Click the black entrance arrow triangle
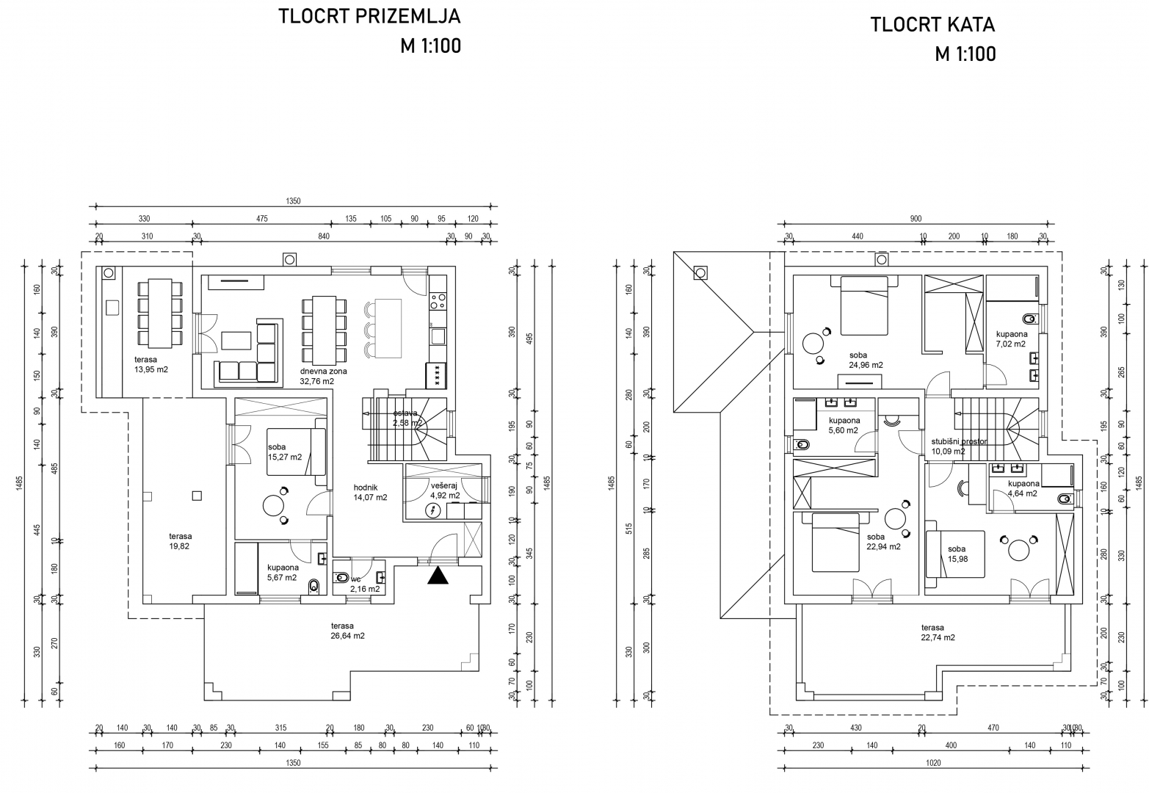tap(438, 576)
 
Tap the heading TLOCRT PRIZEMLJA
tap(369, 16)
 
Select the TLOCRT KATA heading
tap(932, 24)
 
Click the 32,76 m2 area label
tap(317, 381)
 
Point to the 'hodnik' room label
tap(366, 487)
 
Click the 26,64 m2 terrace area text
tap(347, 636)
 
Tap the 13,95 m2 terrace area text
tap(151, 369)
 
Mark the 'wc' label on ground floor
tap(355, 579)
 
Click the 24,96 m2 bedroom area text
tap(866, 365)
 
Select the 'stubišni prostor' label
tap(959, 441)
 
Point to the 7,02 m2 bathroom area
tap(1011, 343)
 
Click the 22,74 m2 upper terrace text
tap(938, 637)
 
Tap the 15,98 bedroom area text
tap(956, 560)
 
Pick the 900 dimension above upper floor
tap(916, 218)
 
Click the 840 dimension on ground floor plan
tap(324, 236)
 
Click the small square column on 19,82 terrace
tap(196, 496)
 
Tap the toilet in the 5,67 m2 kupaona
tap(314, 585)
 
